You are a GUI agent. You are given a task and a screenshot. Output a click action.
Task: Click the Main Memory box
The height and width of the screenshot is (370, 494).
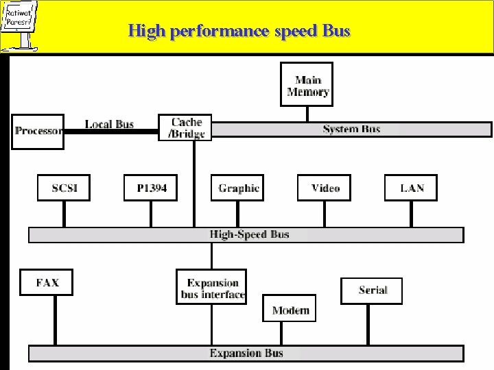[307, 84]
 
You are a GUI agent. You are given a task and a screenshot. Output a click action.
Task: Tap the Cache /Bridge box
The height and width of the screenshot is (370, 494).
[187, 128]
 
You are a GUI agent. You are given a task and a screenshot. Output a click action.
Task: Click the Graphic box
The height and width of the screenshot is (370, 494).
[238, 188]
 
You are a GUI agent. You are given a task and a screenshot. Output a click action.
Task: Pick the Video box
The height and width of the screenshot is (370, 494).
[325, 188]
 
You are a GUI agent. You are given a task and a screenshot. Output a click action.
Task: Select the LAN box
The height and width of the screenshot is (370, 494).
[412, 188]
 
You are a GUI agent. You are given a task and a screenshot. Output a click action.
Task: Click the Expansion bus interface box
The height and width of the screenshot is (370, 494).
[213, 288]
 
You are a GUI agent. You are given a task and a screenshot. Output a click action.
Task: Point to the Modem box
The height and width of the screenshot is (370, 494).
[290, 310]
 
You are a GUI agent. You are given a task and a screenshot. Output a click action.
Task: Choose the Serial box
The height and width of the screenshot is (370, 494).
[373, 291]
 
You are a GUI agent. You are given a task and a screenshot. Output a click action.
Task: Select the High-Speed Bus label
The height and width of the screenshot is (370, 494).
[249, 234]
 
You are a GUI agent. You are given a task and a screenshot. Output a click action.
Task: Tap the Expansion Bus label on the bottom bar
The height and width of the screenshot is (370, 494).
[246, 354]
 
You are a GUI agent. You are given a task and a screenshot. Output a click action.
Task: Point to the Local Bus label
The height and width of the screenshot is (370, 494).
[109, 124]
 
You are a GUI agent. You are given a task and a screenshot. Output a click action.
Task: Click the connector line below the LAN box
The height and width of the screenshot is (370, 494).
[412, 214]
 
